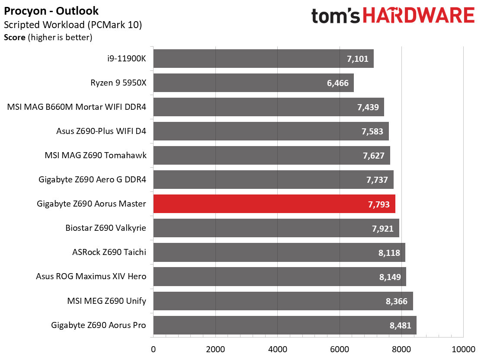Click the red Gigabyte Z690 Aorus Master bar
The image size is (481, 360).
pos(274,204)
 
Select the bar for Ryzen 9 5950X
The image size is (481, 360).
pos(253,83)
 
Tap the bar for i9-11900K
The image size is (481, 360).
pos(263,58)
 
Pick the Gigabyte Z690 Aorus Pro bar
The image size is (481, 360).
pos(285,325)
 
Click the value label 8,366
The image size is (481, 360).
pos(396,301)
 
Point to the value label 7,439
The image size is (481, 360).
pos(368,107)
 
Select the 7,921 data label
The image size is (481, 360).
pos(382,229)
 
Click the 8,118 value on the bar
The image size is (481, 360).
pos(389,253)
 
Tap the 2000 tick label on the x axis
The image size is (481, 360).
pos(215,349)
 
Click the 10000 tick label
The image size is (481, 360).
pos(463,349)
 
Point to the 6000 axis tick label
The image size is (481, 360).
pos(340,349)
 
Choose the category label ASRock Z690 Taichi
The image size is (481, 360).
pos(109,252)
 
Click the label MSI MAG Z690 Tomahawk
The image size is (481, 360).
pos(96,155)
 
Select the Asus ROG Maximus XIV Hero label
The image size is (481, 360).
pos(91,276)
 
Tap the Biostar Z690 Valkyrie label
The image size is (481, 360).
pos(106,228)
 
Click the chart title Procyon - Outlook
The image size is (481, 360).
pos(51,11)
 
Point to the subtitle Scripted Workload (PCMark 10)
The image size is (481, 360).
pos(73,25)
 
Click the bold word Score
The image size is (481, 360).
pos(15,37)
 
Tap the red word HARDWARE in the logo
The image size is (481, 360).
pos(419,15)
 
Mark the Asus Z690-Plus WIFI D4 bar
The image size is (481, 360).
pos(271,131)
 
